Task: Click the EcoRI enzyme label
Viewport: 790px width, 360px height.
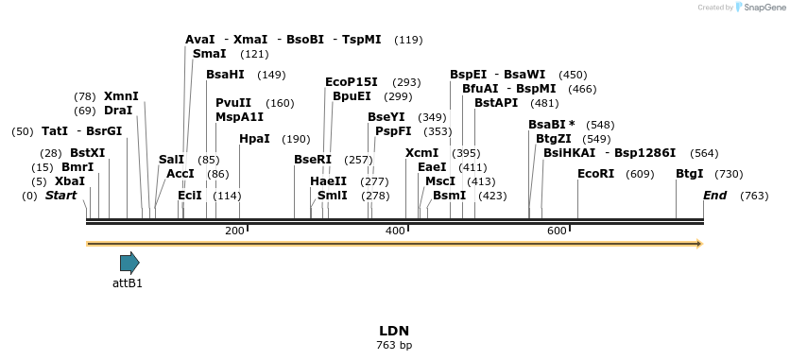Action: point(595,174)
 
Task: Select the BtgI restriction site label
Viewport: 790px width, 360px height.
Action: point(689,174)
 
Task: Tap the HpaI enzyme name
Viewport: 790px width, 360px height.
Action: point(254,139)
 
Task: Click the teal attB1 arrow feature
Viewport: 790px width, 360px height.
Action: point(129,263)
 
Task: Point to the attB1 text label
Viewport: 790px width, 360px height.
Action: point(128,283)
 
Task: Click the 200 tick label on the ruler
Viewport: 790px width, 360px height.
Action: point(234,231)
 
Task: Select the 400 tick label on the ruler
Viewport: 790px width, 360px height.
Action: point(396,231)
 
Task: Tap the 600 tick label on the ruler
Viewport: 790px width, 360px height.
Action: point(557,231)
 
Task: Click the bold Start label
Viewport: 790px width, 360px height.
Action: point(60,196)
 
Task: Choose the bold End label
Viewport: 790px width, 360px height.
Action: point(715,196)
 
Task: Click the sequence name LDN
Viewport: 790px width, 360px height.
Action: point(394,331)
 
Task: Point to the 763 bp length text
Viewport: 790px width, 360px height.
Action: point(394,346)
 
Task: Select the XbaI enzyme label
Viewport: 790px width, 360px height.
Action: point(70,181)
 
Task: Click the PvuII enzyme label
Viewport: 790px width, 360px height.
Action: point(233,103)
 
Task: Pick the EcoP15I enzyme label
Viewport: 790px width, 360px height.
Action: point(351,82)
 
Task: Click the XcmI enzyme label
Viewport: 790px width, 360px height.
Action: point(421,153)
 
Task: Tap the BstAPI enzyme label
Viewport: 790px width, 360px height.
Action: point(496,102)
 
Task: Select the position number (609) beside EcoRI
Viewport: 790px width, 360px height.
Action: point(640,174)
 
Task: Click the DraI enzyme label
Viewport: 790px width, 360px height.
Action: point(118,111)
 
